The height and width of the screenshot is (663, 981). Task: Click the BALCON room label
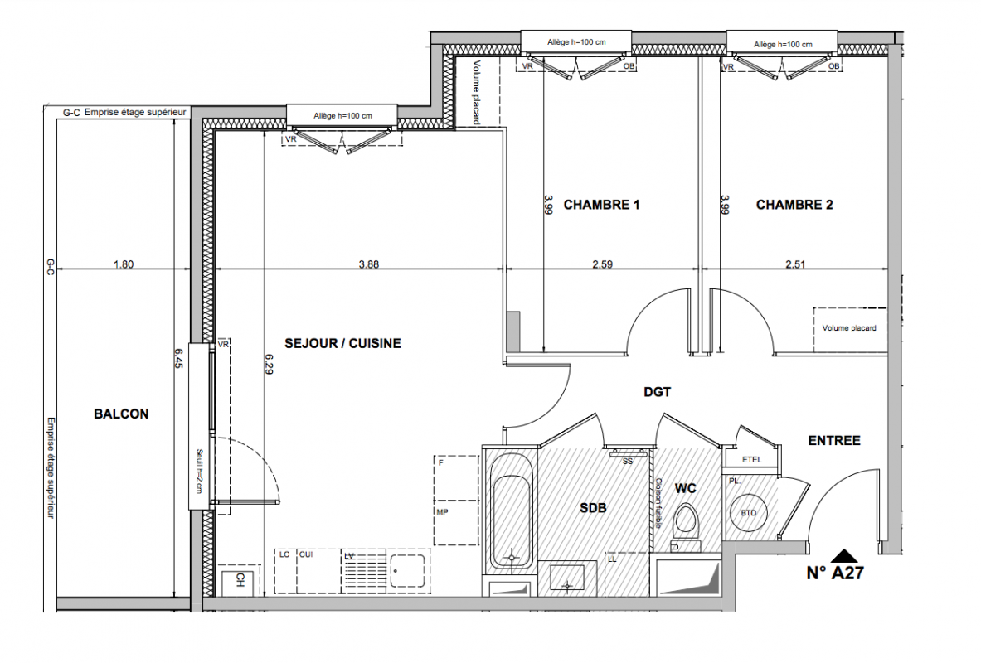(121, 414)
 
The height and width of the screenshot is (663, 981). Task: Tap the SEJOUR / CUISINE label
(342, 343)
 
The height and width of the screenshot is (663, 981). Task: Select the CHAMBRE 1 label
(601, 205)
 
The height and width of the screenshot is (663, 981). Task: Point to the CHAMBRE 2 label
(794, 205)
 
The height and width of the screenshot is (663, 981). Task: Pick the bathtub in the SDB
(512, 511)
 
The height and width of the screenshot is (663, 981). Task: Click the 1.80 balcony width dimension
(124, 264)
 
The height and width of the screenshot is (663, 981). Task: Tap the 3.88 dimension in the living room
(368, 264)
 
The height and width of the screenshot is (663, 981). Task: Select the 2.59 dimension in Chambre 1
(603, 264)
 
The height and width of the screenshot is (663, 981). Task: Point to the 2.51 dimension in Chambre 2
(795, 264)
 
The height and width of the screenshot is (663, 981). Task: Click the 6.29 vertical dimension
(269, 364)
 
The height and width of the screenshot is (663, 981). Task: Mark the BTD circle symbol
(748, 513)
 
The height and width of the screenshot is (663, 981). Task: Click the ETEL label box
(751, 459)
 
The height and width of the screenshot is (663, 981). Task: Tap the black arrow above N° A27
(844, 556)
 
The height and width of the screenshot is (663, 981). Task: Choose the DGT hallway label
(657, 392)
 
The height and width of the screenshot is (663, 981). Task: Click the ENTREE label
(834, 441)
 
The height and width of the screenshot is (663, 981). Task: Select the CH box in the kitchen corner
(240, 580)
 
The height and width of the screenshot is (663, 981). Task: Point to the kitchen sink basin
(407, 570)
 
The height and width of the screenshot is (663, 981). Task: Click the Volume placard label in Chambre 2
(849, 327)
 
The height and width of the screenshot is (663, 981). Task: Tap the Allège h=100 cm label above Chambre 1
(576, 42)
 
